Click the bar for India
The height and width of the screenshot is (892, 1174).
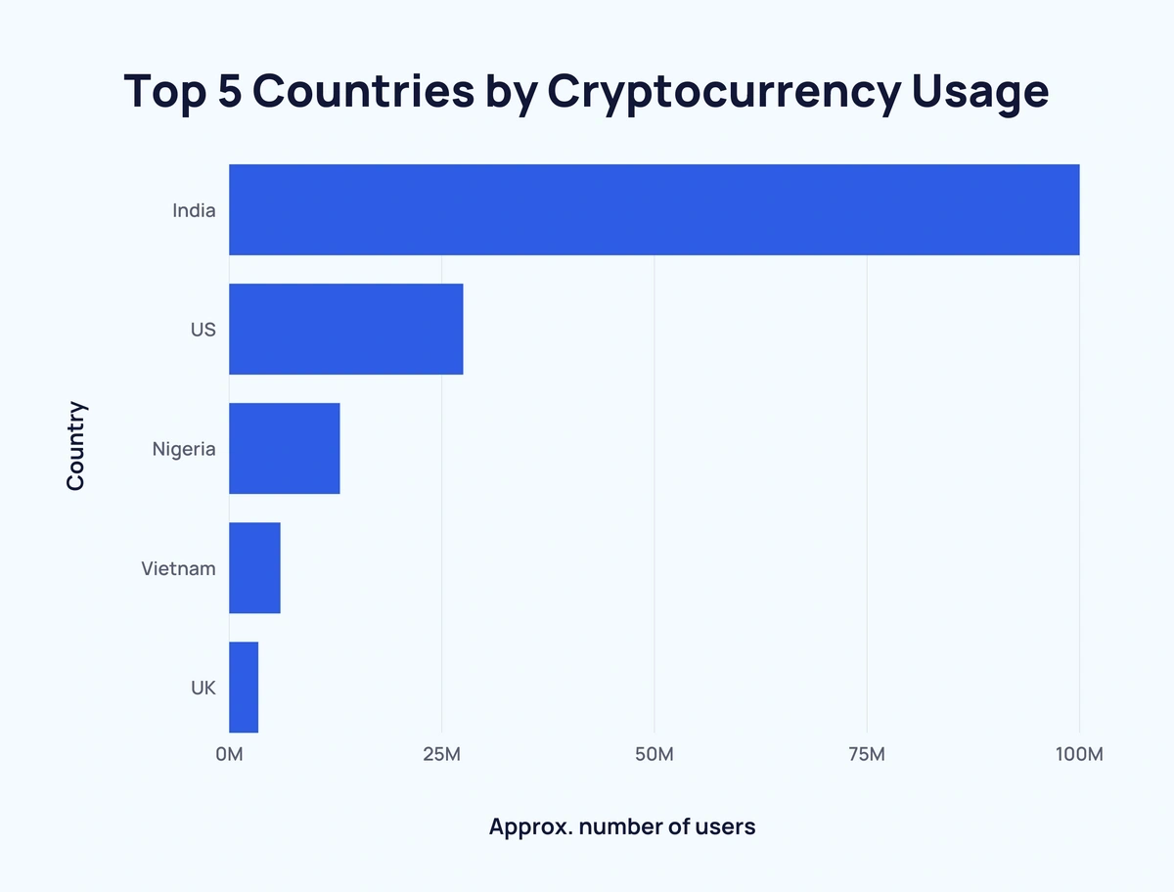click(654, 209)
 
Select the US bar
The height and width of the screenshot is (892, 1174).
click(345, 329)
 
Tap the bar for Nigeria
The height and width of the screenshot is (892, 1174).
click(284, 448)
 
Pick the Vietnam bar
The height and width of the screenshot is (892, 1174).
click(254, 567)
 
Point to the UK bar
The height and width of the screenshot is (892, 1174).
click(244, 687)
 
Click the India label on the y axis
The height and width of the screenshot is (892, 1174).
click(194, 210)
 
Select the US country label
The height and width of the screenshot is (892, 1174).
click(203, 330)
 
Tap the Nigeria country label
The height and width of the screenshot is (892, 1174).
click(183, 449)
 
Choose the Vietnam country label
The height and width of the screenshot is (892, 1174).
click(178, 568)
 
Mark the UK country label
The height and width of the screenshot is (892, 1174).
click(203, 688)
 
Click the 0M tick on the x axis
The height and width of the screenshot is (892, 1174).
click(229, 754)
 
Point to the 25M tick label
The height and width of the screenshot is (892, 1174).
click(441, 754)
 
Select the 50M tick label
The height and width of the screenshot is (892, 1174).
click(654, 754)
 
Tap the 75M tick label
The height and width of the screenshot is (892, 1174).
click(867, 754)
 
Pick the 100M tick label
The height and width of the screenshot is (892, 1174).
click(1079, 754)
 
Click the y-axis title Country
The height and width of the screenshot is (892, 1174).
click(75, 446)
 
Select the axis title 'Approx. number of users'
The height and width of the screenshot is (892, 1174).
click(622, 826)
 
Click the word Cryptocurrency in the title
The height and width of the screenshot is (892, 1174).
click(723, 92)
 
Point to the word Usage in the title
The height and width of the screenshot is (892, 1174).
click(980, 92)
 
